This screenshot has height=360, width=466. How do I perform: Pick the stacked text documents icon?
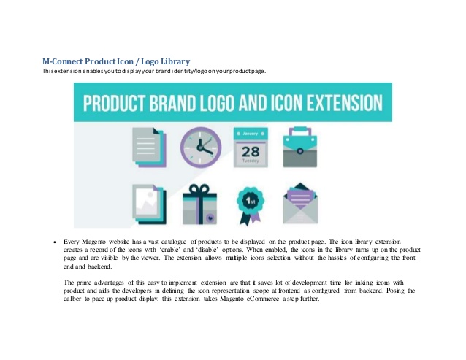[x=145, y=146]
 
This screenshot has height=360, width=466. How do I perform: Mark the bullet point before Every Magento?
[x=56, y=241]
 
